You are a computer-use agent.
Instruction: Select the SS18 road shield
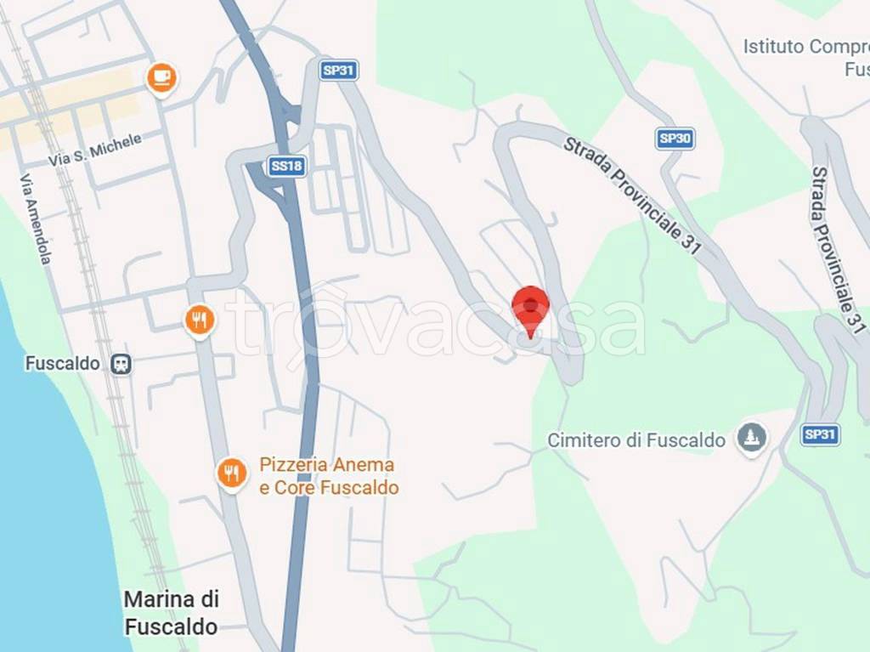(286, 167)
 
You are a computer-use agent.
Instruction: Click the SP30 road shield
(674, 139)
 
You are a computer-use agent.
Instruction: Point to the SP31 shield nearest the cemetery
(820, 434)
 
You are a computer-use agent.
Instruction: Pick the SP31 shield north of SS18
(339, 70)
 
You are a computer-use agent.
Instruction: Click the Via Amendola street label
(35, 219)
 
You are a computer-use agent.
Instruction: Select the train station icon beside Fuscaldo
(121, 364)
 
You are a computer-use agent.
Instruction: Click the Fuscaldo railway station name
(63, 364)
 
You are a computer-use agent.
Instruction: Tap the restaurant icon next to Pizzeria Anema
(231, 472)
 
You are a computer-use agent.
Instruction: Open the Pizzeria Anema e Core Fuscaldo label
(328, 476)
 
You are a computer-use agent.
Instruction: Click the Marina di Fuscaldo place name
(171, 613)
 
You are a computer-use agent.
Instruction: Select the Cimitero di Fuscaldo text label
(636, 440)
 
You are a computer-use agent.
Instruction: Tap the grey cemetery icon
(751, 439)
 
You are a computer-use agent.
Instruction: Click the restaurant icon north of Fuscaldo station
(199, 320)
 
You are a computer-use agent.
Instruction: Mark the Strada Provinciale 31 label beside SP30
(632, 195)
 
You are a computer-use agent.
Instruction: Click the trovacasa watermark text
(433, 324)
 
